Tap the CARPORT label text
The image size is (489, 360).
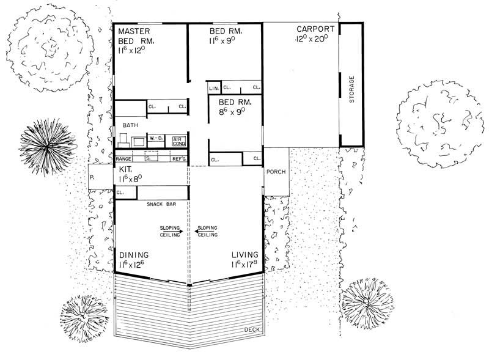(x=315, y=29)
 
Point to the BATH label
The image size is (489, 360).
(x=131, y=125)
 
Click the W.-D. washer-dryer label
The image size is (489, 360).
(x=156, y=138)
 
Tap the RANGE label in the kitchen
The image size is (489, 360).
(x=124, y=159)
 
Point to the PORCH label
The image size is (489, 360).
(x=276, y=172)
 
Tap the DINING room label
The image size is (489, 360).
(x=134, y=255)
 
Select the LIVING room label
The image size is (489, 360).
(x=244, y=255)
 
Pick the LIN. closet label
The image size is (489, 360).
(x=213, y=89)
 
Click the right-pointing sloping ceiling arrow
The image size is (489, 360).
(x=181, y=230)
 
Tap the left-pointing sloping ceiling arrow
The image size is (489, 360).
(x=197, y=230)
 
